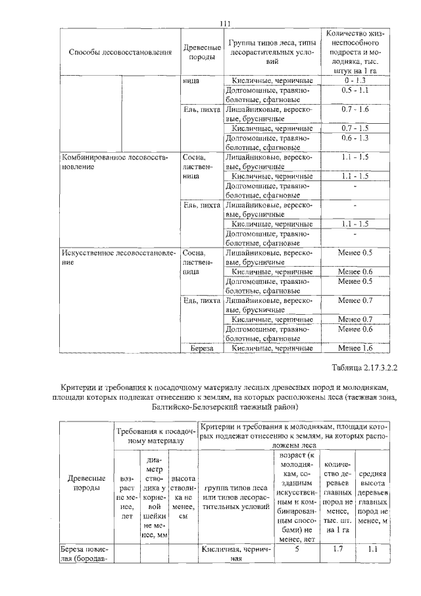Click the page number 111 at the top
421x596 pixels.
click(225, 24)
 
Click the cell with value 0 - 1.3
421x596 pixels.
click(355, 80)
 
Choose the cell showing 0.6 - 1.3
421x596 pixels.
click(355, 138)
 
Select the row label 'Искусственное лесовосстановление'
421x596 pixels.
click(118, 257)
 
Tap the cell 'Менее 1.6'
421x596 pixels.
click(355, 348)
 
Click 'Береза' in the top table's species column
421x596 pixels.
click(199, 348)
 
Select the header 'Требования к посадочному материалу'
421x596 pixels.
click(154, 435)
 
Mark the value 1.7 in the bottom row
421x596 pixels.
click(336, 549)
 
